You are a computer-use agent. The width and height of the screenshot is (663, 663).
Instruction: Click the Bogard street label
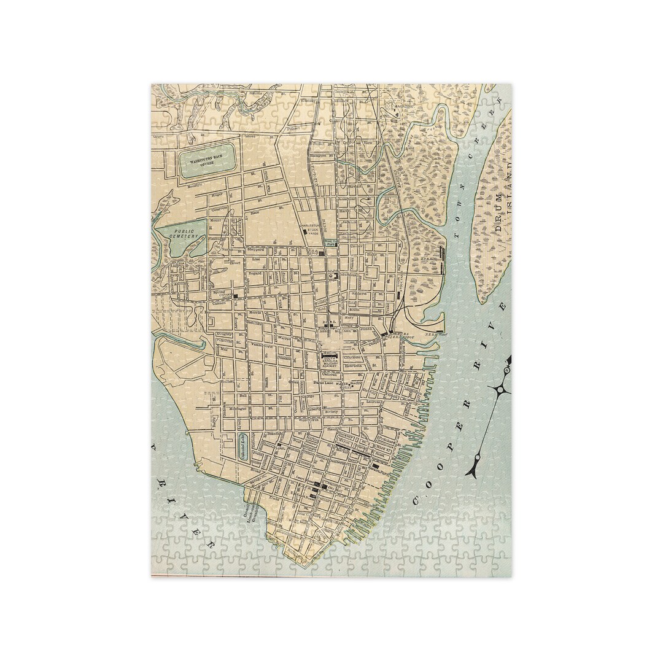pyautogui.click(x=255, y=273)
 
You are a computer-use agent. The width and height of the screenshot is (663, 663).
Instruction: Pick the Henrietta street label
pyautogui.click(x=352, y=366)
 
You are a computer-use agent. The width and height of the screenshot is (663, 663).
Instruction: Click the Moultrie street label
pyautogui.click(x=195, y=185)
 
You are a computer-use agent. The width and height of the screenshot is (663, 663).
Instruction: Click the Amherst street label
pyautogui.click(x=359, y=293)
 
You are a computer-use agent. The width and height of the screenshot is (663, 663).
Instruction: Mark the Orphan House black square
pyautogui.click(x=235, y=296)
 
